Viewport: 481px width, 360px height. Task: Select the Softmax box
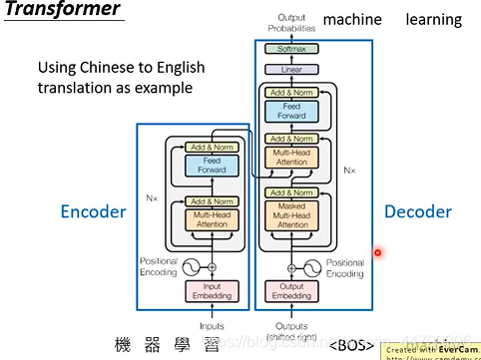[291, 48]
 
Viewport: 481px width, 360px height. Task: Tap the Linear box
[291, 69]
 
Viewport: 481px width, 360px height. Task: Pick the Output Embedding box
[291, 290]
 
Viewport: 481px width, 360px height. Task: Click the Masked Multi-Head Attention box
[291, 215]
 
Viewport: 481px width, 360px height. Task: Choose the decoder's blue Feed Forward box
[291, 111]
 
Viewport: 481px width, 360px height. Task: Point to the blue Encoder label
[93, 211]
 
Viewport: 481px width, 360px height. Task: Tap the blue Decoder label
[418, 211]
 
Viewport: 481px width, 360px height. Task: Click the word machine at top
[353, 19]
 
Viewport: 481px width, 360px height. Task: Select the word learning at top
[433, 19]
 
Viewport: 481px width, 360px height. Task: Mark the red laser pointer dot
[377, 253]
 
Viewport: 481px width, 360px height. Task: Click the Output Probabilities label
[291, 23]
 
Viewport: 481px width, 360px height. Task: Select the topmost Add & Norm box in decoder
[291, 92]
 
